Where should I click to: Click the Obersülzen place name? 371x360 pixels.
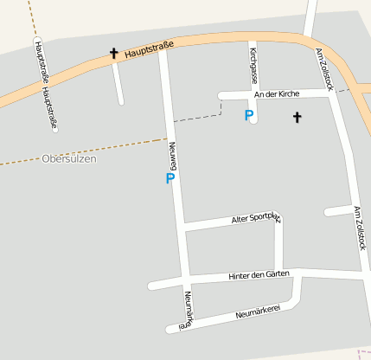69,159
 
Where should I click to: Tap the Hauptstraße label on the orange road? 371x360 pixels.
149,50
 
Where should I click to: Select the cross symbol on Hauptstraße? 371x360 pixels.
113,54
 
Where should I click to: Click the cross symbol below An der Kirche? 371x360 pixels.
297,116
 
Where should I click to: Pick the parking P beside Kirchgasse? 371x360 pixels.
249,114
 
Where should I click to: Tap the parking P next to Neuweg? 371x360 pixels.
170,178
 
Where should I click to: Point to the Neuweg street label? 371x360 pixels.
173,155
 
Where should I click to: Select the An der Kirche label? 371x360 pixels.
274,93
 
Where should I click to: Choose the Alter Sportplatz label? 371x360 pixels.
256,219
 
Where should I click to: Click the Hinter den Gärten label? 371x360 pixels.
259,275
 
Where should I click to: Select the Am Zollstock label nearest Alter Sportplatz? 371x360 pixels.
358,227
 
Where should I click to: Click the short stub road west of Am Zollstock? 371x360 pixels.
336,211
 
